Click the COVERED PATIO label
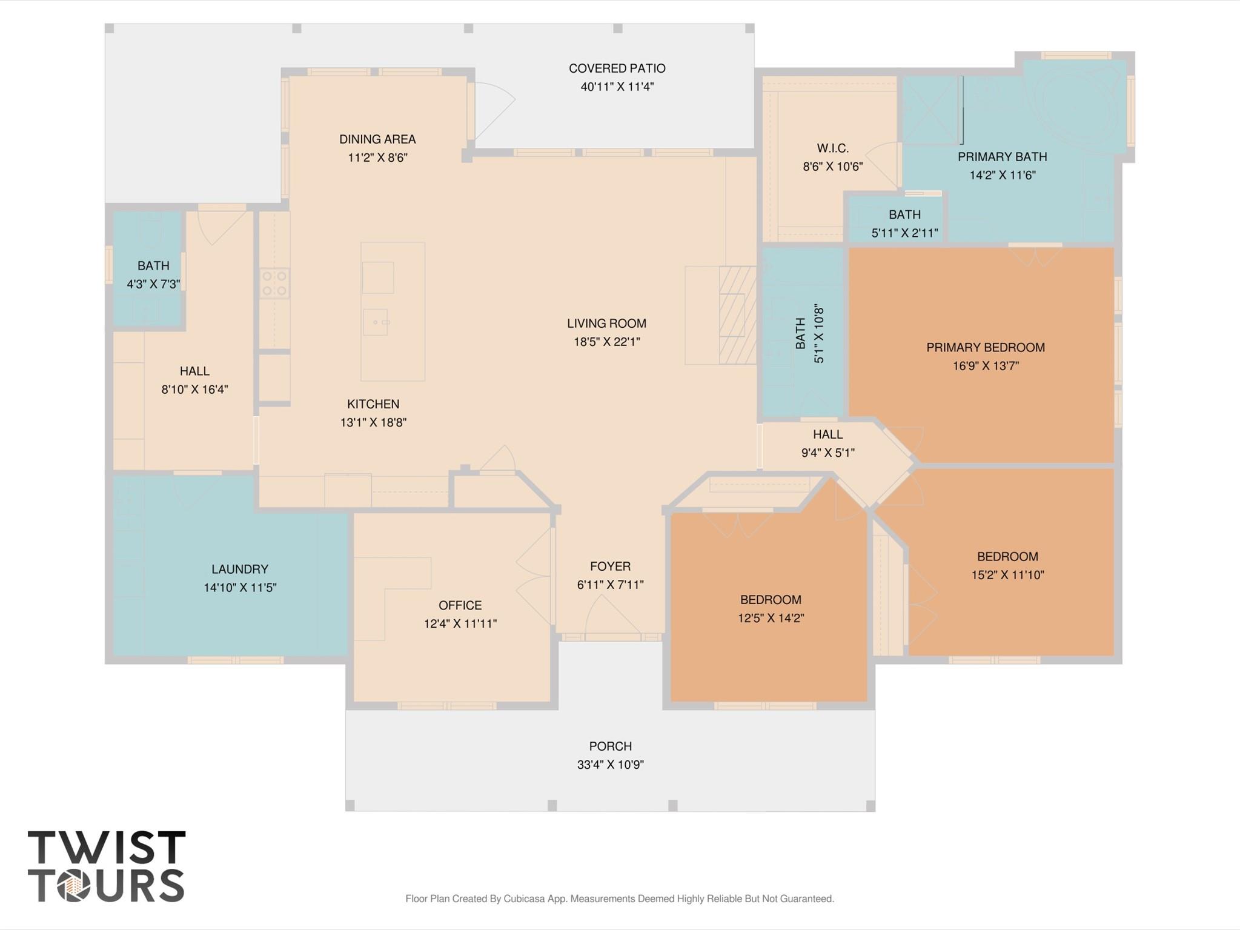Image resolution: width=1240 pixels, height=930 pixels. [x=617, y=68]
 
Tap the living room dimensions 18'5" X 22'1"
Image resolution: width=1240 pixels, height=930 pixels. [x=606, y=342]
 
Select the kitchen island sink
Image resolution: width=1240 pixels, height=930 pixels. [x=376, y=322]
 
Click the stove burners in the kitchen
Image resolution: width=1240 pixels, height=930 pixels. [x=274, y=283]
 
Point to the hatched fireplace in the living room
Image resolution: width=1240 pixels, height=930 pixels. [x=737, y=315]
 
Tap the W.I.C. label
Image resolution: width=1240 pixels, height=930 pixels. [x=832, y=148]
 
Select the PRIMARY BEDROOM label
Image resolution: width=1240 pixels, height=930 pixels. [x=985, y=347]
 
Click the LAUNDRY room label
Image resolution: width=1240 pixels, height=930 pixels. [x=239, y=569]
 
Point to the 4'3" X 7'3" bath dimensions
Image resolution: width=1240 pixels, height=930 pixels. [x=153, y=284]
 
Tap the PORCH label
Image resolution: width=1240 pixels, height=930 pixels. [x=610, y=746]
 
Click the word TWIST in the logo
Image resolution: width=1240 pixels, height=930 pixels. [x=106, y=848]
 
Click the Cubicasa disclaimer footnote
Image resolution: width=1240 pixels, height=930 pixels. [x=619, y=898]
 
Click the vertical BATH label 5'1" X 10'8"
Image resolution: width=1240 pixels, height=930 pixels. [x=809, y=334]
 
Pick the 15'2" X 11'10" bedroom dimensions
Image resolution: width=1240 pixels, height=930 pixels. [x=1007, y=575]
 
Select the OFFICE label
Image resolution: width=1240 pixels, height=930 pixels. [x=460, y=605]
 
